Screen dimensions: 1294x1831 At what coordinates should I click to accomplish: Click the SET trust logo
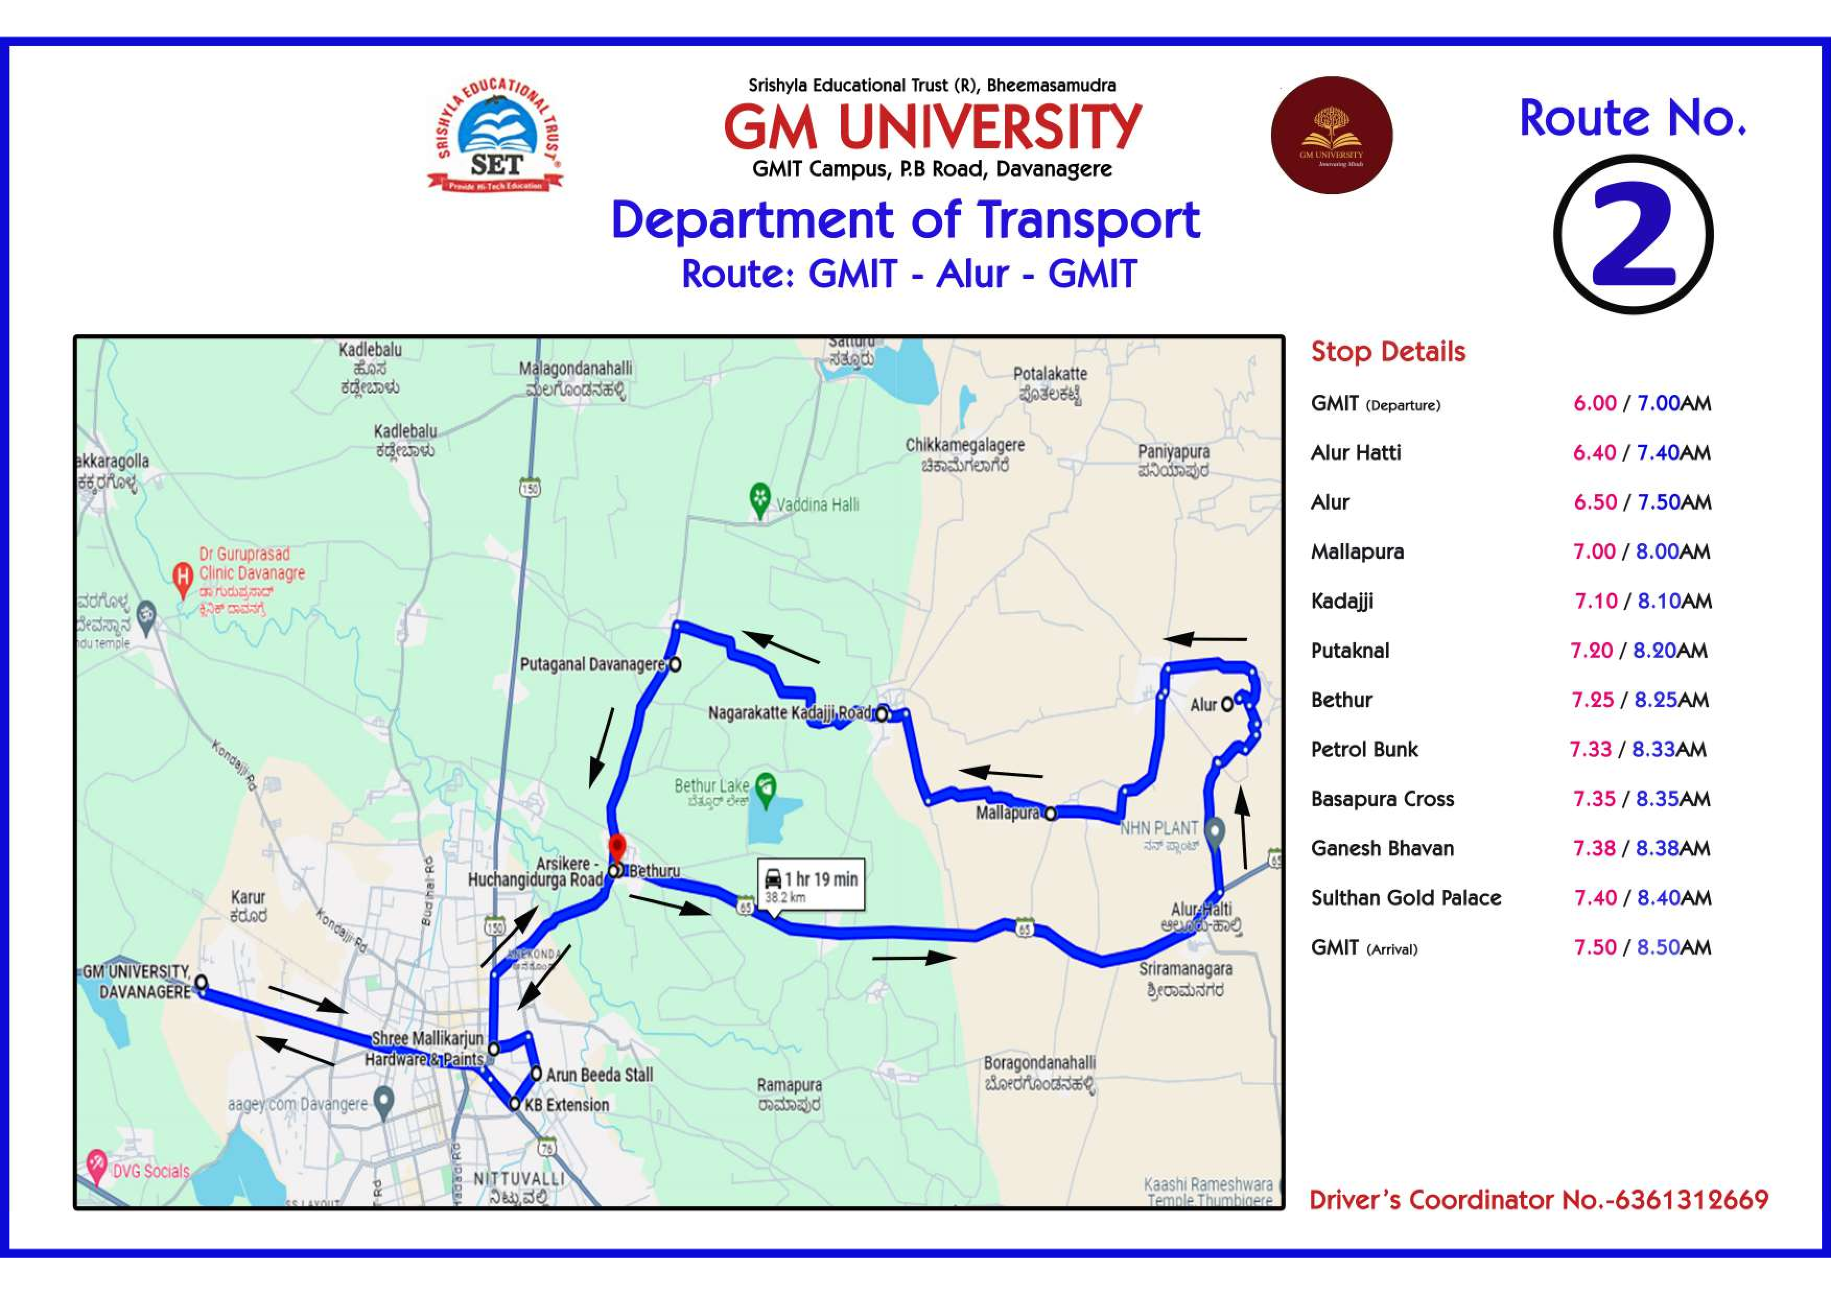[495, 136]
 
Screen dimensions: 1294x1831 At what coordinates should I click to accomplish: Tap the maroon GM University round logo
[1331, 136]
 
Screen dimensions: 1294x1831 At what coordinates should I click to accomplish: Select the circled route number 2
[1633, 234]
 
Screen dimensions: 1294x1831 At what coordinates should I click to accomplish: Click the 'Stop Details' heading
[1388, 351]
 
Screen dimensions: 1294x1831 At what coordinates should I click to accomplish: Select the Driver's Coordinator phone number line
[1539, 1200]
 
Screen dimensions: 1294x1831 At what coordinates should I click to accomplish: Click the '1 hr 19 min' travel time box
[812, 884]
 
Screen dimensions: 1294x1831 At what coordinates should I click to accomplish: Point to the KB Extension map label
[566, 1105]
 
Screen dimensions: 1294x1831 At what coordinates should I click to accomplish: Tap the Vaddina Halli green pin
[760, 499]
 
